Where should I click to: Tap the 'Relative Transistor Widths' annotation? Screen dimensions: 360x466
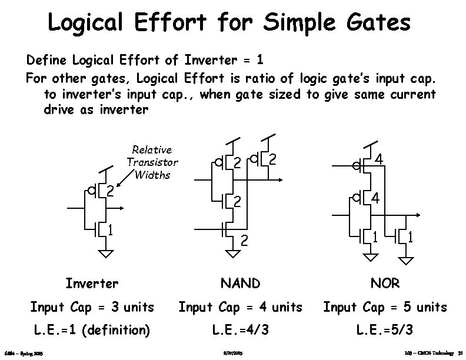[152, 162]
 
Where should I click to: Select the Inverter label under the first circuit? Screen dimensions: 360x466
[92, 284]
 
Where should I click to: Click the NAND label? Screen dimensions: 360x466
[239, 284]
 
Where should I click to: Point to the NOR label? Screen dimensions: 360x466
[385, 284]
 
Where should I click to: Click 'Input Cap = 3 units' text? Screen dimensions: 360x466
[92, 307]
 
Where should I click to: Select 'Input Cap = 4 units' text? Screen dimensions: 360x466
[240, 307]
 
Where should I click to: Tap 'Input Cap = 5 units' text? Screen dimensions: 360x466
[386, 307]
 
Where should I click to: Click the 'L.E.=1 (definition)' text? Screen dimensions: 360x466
[92, 331]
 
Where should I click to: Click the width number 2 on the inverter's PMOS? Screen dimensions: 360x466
[109, 191]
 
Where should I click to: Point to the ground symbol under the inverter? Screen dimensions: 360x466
[105, 254]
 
